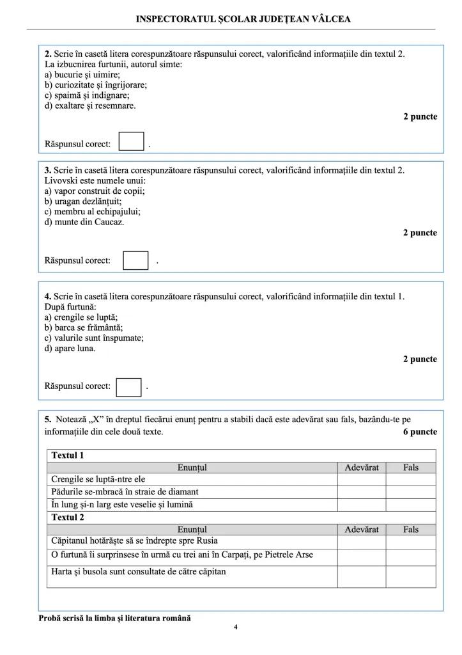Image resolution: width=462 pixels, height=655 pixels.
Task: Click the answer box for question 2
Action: coord(132,141)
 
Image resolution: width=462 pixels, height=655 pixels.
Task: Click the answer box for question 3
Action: coord(135,260)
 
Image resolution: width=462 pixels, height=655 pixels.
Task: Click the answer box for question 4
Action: coord(128,386)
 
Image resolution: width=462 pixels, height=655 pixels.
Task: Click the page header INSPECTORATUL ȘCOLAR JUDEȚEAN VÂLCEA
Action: coord(243,19)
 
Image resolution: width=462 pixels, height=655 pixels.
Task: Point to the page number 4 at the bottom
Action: coord(236,627)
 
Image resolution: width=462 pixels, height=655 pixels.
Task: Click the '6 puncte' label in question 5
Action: coord(420,432)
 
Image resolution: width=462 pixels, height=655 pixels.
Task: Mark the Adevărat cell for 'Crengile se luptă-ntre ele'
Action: coord(361,479)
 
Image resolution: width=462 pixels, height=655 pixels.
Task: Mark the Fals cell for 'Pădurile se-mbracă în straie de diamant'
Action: coord(410,492)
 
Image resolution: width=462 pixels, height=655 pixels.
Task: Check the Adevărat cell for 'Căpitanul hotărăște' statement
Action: coord(361,541)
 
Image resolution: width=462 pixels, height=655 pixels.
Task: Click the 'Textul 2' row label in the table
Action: coord(68,517)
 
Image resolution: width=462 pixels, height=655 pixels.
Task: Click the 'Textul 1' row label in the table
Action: coord(68,455)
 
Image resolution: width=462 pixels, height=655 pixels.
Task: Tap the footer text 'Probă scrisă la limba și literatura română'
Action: coord(114,618)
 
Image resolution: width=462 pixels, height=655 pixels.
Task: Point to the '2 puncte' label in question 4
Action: coord(420,359)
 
